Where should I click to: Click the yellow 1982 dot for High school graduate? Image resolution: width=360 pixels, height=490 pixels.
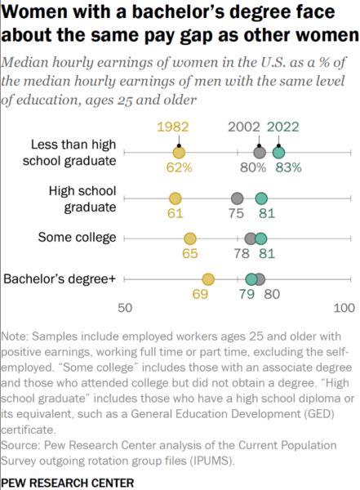[175, 198]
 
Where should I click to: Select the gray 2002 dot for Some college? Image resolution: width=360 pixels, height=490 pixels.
[251, 238]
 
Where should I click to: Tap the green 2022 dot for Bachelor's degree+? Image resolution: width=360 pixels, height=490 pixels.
[251, 279]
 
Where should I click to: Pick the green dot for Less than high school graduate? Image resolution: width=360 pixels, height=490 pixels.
[278, 153]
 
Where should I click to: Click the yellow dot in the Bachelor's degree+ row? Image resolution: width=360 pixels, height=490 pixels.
[208, 279]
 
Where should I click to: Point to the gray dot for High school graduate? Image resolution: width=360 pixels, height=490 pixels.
[238, 198]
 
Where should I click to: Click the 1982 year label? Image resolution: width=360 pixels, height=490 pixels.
[173, 127]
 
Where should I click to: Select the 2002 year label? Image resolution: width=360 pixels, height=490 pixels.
[244, 127]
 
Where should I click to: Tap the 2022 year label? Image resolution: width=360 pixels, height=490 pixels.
[283, 127]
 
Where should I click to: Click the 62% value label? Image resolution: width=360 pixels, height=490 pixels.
[179, 167]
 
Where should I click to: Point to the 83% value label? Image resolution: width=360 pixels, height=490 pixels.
[288, 167]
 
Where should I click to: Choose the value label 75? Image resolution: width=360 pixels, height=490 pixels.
[236, 213]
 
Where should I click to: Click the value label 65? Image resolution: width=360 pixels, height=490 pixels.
[190, 253]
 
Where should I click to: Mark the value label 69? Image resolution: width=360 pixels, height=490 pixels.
[200, 294]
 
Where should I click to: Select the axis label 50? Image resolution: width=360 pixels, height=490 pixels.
[125, 308]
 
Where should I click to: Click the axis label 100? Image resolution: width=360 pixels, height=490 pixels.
[344, 308]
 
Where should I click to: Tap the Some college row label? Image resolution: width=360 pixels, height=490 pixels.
[77, 238]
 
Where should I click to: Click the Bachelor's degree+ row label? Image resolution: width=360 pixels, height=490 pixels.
[60, 278]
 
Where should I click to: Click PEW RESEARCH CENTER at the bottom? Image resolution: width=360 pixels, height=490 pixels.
[68, 483]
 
